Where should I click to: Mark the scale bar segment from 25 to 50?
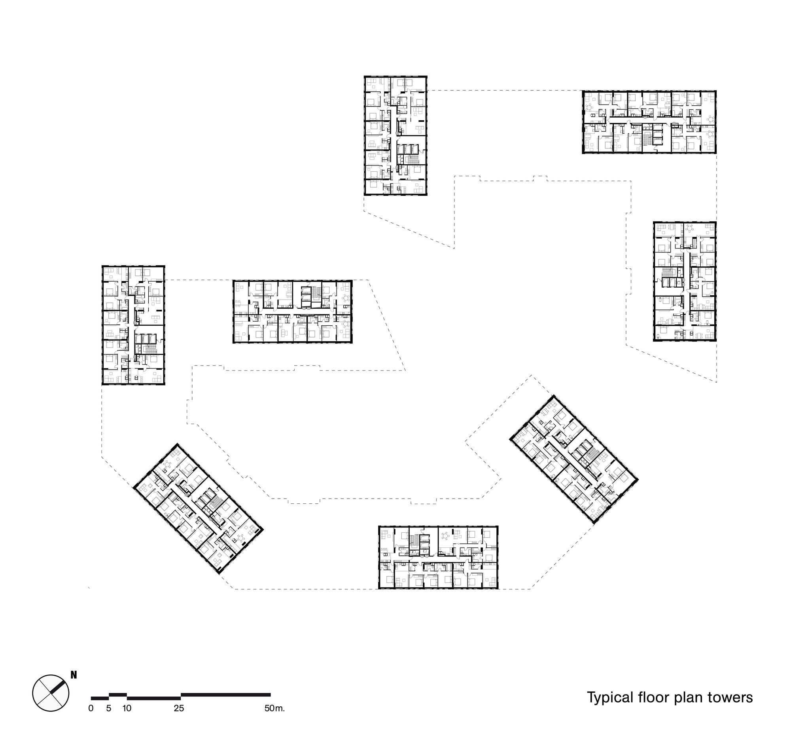225,695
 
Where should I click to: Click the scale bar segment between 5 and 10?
118,695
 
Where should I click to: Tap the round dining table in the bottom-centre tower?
446,535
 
